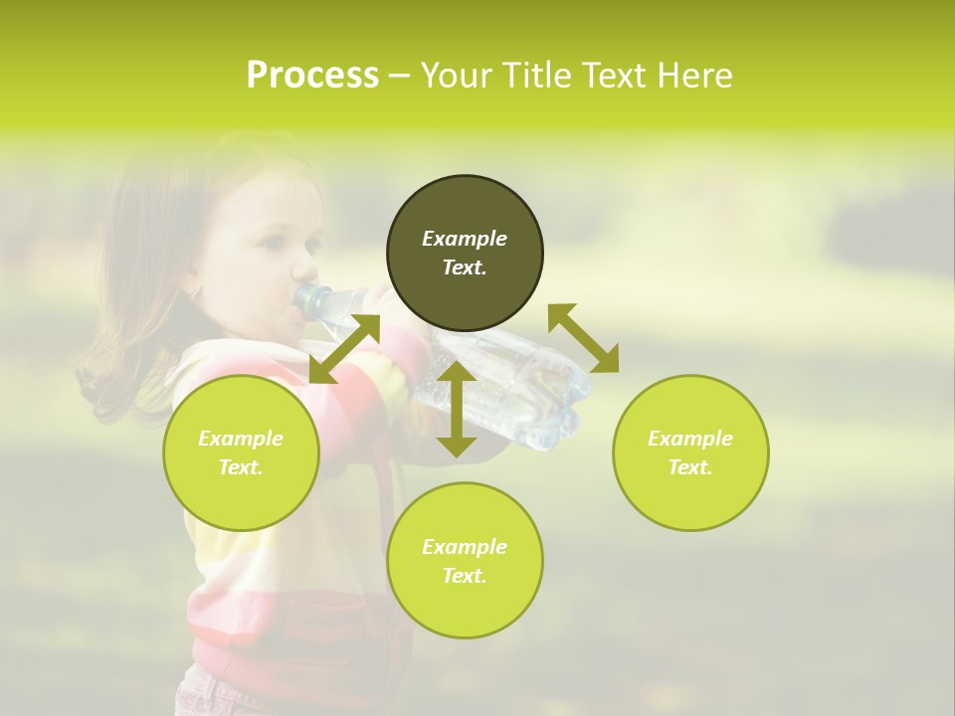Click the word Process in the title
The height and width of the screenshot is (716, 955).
tap(312, 76)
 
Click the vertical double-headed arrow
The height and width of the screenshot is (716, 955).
tap(457, 409)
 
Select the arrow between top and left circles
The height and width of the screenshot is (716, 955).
tap(344, 349)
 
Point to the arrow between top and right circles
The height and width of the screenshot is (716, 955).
tap(583, 338)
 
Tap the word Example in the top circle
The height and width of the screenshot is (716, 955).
tap(465, 239)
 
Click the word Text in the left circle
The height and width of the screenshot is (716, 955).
tap(240, 467)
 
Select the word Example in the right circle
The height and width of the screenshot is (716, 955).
tap(690, 439)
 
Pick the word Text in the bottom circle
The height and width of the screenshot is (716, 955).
tap(464, 576)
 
